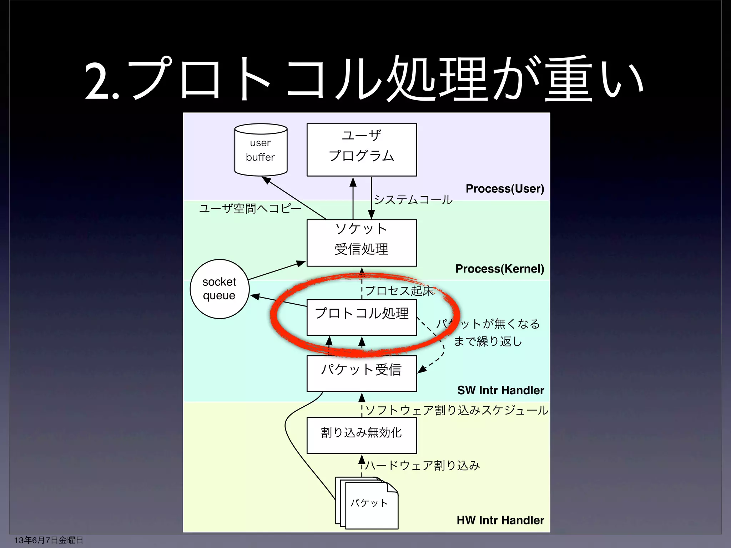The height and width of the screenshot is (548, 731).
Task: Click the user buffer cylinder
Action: (261, 150)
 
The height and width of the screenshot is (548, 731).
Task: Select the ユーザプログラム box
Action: (362, 150)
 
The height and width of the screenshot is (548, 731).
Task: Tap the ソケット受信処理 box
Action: (362, 243)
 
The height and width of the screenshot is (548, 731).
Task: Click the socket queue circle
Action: (219, 289)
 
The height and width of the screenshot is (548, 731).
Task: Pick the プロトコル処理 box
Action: (362, 317)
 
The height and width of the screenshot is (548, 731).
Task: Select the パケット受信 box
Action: (362, 373)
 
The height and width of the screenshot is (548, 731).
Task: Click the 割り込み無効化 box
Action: (362, 435)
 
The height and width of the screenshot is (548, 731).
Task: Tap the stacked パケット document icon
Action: (368, 503)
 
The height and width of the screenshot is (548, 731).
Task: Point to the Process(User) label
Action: (505, 188)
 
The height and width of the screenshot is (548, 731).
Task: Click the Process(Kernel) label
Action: (500, 269)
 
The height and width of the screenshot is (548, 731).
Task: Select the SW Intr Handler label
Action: (500, 390)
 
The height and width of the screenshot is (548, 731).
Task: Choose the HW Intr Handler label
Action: (500, 520)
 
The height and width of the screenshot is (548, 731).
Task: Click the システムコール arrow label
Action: (413, 199)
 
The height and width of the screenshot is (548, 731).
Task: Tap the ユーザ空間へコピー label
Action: (250, 208)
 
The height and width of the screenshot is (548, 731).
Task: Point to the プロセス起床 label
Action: (399, 291)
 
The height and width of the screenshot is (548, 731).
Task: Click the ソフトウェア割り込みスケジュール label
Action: (457, 410)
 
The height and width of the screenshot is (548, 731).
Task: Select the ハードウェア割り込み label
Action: (423, 466)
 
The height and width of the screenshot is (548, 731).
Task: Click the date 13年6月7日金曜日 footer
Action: (49, 540)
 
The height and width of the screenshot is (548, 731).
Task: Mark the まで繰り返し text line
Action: (488, 341)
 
